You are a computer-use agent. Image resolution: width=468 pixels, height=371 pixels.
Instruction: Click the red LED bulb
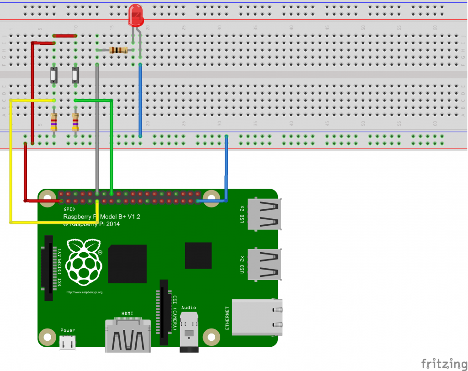(x=136, y=15)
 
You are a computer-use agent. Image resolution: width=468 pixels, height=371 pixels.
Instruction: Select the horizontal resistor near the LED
(x=119, y=50)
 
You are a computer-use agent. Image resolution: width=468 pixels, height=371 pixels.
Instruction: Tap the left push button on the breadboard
(x=54, y=75)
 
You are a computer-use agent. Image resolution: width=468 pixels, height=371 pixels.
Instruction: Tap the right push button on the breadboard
(x=76, y=75)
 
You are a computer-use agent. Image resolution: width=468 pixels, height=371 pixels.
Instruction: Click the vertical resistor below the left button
(x=54, y=122)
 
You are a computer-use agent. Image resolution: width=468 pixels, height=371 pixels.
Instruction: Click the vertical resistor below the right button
(x=76, y=122)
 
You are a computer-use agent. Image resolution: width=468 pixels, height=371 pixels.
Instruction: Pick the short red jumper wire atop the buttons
(x=64, y=35)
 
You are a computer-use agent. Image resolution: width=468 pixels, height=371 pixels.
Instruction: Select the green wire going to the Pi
(x=112, y=146)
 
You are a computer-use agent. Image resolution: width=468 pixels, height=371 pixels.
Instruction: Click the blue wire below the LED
(x=140, y=101)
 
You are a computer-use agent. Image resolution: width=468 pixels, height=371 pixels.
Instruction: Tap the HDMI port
(x=128, y=336)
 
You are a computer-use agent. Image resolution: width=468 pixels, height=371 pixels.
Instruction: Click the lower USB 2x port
(x=264, y=264)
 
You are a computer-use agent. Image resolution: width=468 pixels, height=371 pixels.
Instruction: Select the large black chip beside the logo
(x=127, y=264)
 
